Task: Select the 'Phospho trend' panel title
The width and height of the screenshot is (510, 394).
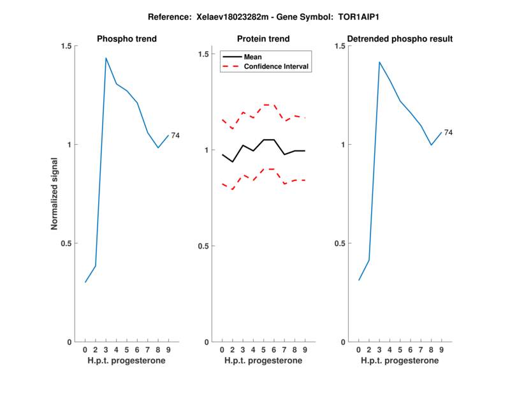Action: (127, 39)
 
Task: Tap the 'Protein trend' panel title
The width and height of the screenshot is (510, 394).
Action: (263, 39)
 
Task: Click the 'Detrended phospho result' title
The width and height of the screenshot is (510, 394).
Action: (400, 39)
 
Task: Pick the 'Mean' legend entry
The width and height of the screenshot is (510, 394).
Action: (252, 57)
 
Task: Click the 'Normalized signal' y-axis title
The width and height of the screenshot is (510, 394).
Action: (55, 194)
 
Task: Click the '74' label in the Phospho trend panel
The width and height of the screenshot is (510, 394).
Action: (175, 135)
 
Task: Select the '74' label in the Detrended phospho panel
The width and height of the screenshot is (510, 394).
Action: (448, 133)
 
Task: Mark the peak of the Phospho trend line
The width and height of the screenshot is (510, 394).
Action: (106, 58)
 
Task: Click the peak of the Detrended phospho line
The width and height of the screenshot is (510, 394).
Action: (379, 62)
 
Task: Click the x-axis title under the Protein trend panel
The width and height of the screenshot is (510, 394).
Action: (263, 361)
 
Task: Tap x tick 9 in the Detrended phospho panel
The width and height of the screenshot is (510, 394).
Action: (441, 350)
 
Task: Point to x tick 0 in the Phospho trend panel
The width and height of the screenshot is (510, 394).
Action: (85, 350)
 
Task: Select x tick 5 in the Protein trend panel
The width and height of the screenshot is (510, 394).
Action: (263, 350)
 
